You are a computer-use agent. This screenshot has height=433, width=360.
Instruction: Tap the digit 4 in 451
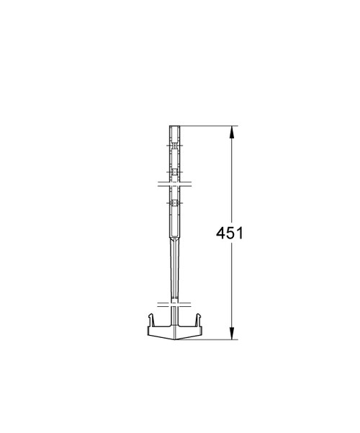[x=221, y=233]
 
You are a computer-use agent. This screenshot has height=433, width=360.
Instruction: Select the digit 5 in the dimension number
[x=230, y=233]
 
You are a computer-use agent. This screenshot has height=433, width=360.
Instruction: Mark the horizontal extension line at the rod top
[x=209, y=126]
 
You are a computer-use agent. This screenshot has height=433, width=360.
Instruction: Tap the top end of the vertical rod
[x=173, y=128]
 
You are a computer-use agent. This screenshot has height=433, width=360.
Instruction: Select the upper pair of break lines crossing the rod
[x=173, y=184]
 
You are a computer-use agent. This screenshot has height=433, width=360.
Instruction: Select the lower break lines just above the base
[x=173, y=302]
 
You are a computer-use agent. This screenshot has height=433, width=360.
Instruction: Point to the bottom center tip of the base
[x=173, y=337]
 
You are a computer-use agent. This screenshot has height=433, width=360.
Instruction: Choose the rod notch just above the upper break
[x=173, y=172]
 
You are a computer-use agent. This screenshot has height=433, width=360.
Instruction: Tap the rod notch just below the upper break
[x=173, y=204]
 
